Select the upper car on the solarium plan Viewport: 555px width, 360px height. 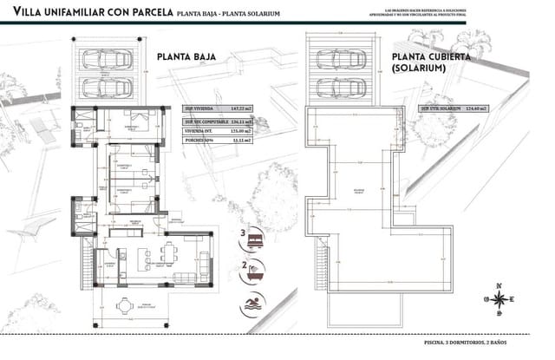coord(339,61)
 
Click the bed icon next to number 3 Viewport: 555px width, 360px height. coord(255,236)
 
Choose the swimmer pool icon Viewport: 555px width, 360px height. coord(253,303)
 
